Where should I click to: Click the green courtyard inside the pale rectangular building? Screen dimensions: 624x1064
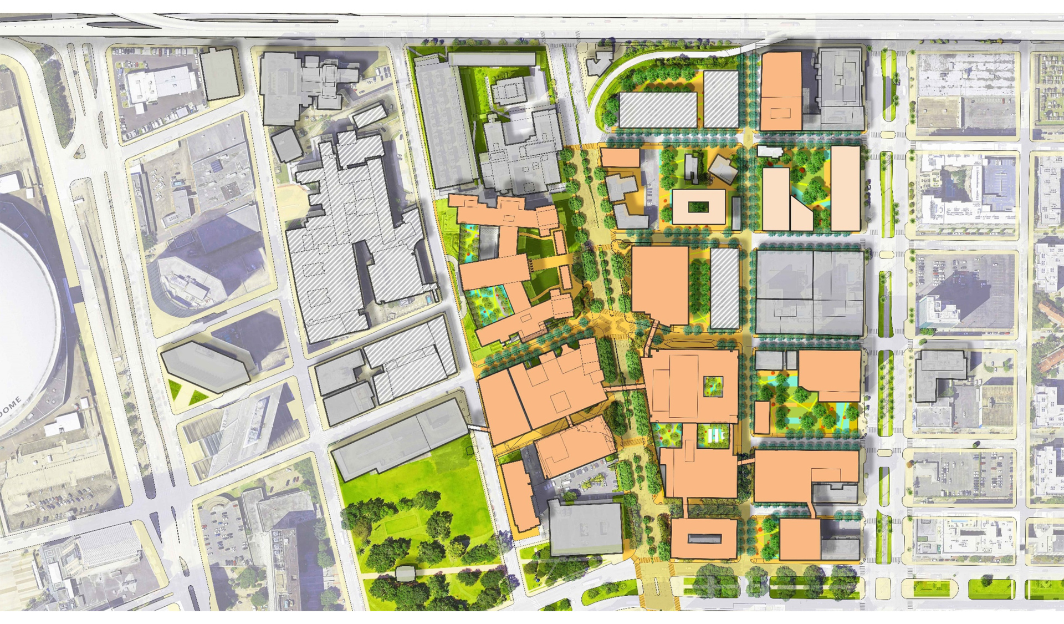[x=698, y=207]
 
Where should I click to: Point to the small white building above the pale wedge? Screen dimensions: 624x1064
[x=770, y=151]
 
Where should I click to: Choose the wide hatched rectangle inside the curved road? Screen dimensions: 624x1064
[x=657, y=110]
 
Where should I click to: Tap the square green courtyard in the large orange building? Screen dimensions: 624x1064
[x=713, y=387]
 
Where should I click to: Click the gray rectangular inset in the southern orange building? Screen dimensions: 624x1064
[x=704, y=539]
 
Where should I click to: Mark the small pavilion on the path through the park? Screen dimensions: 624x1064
[x=406, y=573]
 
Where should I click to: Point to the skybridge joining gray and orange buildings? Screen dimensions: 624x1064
[x=477, y=428]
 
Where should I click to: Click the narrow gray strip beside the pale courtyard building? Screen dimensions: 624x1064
[x=736, y=213]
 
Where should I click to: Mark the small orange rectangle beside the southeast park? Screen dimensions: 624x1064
[x=762, y=417]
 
